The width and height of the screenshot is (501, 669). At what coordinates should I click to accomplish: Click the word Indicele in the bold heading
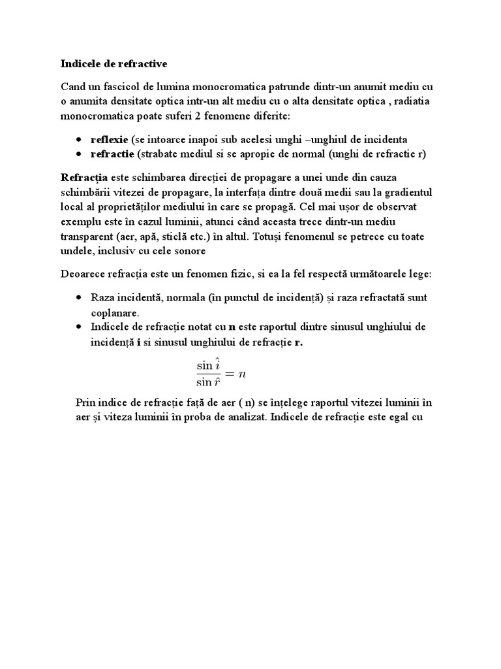(80, 63)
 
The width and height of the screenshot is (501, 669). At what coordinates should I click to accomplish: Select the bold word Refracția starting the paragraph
(84, 178)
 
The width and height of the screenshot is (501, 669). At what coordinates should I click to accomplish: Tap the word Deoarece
(85, 274)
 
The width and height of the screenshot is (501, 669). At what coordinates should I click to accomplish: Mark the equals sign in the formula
(230, 374)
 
